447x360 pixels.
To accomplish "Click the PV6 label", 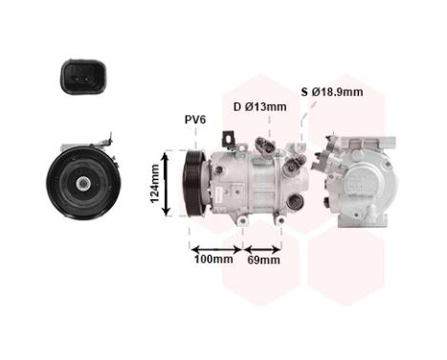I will [x=194, y=120].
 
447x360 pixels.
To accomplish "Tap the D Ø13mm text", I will [x=259, y=107].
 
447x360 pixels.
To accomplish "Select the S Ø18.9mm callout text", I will [x=333, y=92].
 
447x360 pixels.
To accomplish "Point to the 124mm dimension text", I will [x=154, y=183].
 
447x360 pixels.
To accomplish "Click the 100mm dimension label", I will [x=212, y=259].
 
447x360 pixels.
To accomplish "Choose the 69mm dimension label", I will [x=263, y=259].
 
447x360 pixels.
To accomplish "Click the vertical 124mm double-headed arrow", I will [x=168, y=182].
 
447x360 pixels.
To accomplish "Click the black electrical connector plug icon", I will [x=77, y=80].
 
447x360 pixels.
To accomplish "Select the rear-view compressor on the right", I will [x=364, y=178].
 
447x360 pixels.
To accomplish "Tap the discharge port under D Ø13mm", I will [x=267, y=146].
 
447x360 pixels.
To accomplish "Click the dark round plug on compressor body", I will [x=296, y=202].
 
